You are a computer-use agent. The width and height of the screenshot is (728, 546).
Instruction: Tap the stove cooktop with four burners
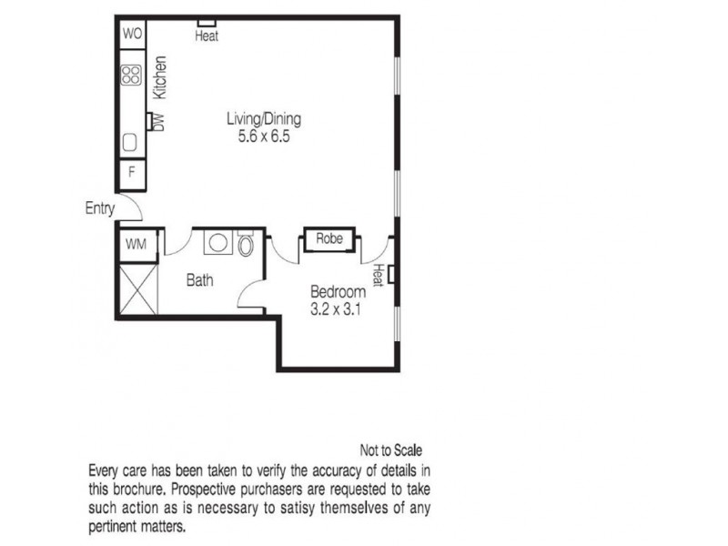click(x=131, y=76)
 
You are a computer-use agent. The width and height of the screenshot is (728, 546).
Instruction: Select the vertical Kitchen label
click(x=160, y=77)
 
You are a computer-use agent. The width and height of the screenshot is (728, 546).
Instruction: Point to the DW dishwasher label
click(x=157, y=121)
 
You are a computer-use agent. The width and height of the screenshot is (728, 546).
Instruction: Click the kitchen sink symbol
click(x=130, y=143)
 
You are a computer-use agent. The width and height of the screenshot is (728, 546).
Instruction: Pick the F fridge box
click(x=131, y=172)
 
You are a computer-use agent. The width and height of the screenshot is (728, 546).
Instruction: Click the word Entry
click(x=99, y=208)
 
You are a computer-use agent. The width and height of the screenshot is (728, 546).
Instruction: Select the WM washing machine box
click(x=136, y=244)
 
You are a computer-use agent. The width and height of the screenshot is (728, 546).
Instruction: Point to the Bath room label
click(x=199, y=280)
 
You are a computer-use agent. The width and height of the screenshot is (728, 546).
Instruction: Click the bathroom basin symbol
click(x=217, y=243)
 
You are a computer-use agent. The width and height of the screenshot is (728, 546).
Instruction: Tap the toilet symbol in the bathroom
click(x=246, y=245)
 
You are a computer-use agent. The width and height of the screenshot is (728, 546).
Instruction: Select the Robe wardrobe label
click(x=329, y=238)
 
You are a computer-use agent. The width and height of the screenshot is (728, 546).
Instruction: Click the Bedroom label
click(x=338, y=292)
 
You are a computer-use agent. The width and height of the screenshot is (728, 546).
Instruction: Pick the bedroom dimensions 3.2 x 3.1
click(x=338, y=308)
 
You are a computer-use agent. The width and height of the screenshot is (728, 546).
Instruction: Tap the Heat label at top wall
click(x=207, y=36)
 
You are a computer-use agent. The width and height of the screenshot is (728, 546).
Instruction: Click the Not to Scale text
click(x=391, y=450)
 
